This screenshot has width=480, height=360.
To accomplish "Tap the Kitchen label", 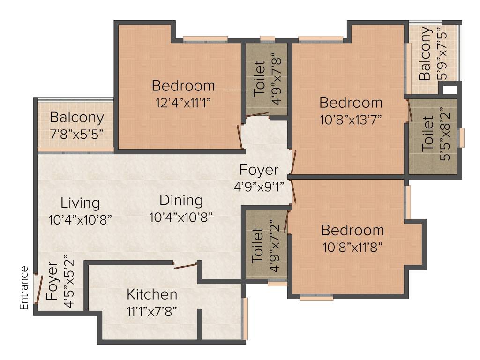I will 152,294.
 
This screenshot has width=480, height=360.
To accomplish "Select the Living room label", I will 80,203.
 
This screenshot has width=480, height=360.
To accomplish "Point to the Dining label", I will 181,201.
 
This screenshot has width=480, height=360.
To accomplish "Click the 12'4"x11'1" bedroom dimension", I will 183,103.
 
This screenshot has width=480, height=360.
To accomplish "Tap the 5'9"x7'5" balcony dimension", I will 442,54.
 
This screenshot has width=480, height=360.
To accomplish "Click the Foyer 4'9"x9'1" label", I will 259,170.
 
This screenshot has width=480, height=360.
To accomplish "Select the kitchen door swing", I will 186,267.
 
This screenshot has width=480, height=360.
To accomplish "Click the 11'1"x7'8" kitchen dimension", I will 152,311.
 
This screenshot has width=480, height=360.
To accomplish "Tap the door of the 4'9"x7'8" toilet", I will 257,114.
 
